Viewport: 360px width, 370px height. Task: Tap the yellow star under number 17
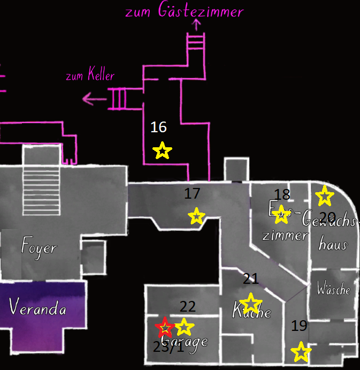[197, 216]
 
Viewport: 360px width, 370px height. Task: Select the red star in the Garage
[165, 327]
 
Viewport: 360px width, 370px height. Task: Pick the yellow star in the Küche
[250, 304]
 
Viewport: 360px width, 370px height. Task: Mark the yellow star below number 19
[301, 352]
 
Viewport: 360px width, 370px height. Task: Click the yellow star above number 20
[324, 196]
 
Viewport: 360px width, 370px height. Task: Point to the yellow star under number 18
[281, 215]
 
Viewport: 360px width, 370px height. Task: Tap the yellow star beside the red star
[183, 327]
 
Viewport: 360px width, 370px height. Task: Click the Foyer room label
[39, 248]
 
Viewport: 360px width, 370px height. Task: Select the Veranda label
[37, 308]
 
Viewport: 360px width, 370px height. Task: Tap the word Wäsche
[333, 290]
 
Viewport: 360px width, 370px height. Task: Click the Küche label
[251, 311]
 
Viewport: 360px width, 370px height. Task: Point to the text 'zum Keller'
[90, 75]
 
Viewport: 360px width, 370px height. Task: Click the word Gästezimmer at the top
[201, 11]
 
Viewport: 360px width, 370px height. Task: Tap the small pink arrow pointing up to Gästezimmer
[196, 24]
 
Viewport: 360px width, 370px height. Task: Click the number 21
[250, 278]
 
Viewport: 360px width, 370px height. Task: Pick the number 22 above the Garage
[188, 306]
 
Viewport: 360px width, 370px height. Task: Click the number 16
[158, 127]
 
